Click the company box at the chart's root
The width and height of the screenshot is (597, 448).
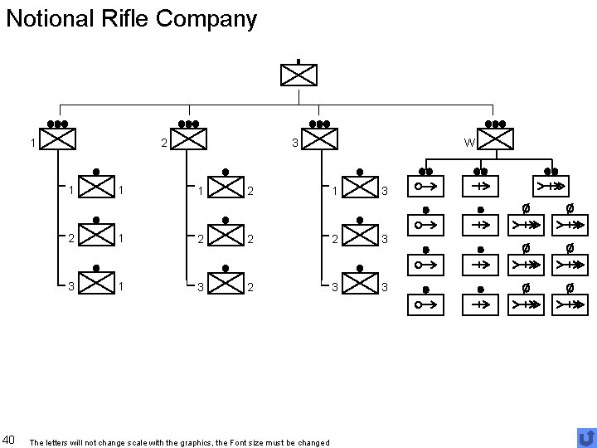pos(298,74)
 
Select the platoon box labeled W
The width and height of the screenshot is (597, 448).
pos(496,139)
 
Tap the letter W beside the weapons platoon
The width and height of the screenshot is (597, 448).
pos(469,143)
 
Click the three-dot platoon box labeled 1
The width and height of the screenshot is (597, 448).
pos(57,139)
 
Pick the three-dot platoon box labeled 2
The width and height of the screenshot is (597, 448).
pos(188,139)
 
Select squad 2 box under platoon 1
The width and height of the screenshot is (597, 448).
pos(97,237)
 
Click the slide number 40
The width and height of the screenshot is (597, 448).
pos(10,438)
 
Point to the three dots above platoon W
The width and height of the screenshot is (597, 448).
pos(496,124)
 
